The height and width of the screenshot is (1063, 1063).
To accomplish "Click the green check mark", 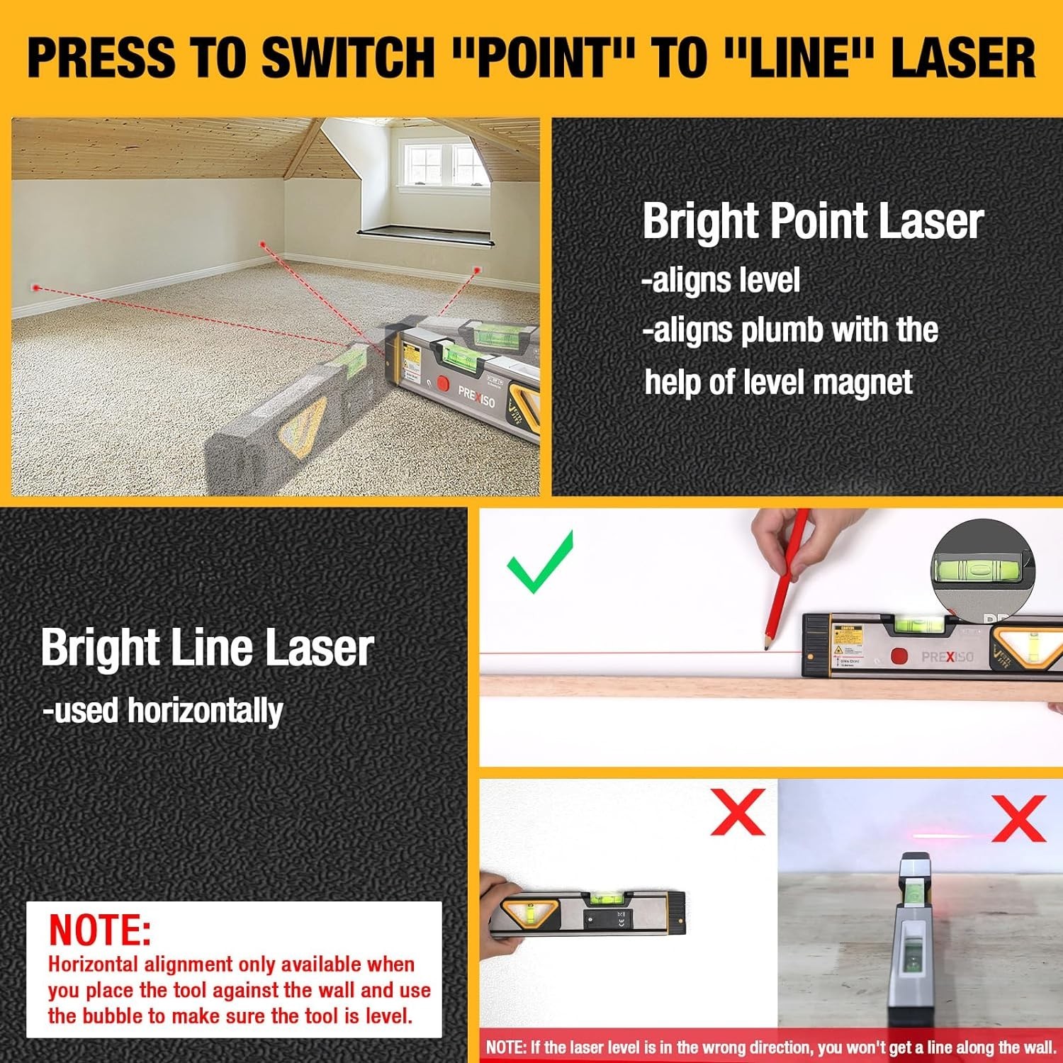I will (x=540, y=562).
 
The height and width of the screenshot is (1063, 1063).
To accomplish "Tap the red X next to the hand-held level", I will (x=738, y=812).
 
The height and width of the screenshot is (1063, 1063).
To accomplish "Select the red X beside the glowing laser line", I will (x=1019, y=818).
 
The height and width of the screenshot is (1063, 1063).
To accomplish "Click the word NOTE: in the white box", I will (x=100, y=930).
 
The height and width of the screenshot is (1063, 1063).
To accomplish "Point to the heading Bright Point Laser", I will (x=812, y=221).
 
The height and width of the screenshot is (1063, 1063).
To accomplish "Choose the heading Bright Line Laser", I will (x=207, y=648).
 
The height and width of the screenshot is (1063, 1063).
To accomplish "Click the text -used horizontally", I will (x=163, y=711).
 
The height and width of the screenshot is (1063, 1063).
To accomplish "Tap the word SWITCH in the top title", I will (x=347, y=58).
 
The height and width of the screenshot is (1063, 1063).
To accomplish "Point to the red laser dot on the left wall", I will (x=36, y=288).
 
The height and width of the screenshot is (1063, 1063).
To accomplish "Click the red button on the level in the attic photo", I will (x=443, y=383).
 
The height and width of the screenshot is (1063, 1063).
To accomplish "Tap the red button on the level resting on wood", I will (x=899, y=656).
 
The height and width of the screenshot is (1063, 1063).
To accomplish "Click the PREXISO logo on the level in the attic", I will (x=476, y=397).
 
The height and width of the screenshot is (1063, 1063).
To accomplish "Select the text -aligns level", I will (x=721, y=280).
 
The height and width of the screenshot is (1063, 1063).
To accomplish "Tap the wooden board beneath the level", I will (x=638, y=687).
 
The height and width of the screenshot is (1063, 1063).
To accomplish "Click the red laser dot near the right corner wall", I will (x=477, y=270).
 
